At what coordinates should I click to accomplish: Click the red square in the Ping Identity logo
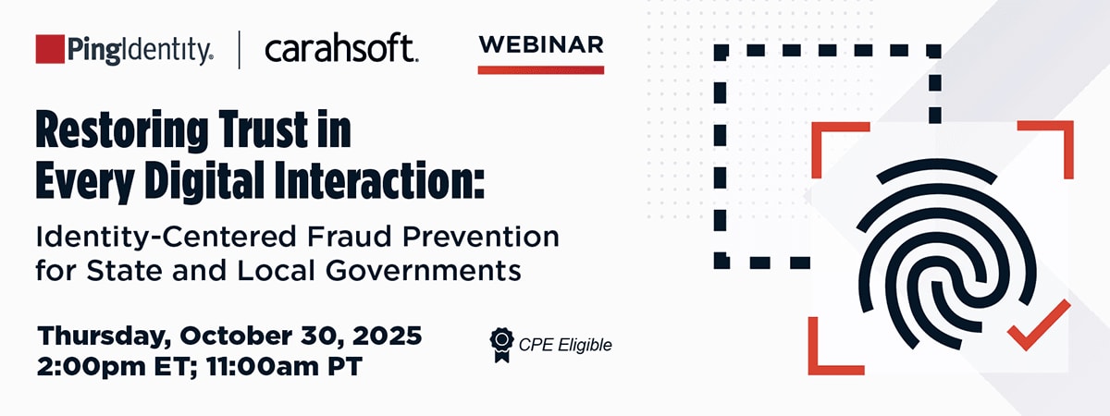[x=50, y=48]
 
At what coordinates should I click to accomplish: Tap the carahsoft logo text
[x=341, y=48]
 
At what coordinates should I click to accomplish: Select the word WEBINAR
[x=541, y=45]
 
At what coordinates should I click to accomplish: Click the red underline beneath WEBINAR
[x=541, y=70]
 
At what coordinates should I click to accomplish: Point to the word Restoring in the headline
[x=122, y=129]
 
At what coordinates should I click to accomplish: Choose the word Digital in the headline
[x=204, y=181]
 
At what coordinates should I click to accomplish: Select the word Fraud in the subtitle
[x=350, y=237]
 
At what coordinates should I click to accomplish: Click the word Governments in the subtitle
[x=424, y=271]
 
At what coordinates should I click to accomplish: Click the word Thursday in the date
[x=103, y=336]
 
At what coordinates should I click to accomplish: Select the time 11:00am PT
[x=285, y=366]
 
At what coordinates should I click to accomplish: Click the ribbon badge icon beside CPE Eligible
[x=502, y=345]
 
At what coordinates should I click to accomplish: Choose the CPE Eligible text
[x=565, y=345]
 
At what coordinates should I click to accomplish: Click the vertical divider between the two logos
[x=240, y=50]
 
